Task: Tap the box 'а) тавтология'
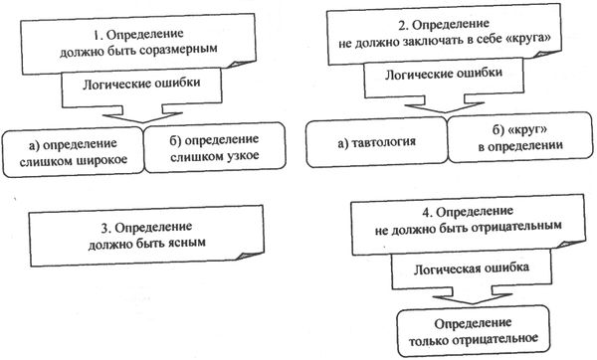[x=373, y=142]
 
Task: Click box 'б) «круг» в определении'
[x=519, y=139]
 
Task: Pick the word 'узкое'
[x=240, y=159]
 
